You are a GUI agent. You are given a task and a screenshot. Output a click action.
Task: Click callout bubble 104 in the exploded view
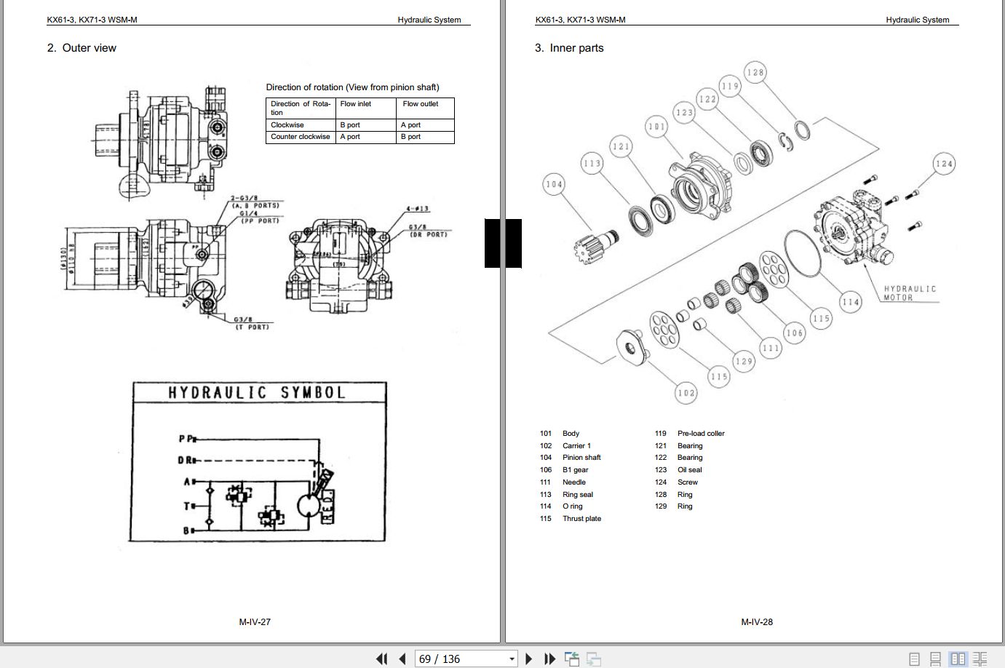pyautogui.click(x=555, y=185)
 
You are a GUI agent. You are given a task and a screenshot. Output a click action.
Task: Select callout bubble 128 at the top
pyautogui.click(x=755, y=72)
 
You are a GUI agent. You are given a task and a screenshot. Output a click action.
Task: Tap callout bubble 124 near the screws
pyautogui.click(x=944, y=164)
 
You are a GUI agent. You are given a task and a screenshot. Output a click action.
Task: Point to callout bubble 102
pyautogui.click(x=686, y=393)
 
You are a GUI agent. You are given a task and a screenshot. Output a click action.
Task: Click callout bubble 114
pyautogui.click(x=850, y=302)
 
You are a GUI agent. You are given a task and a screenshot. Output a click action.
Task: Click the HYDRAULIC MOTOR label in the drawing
pyautogui.click(x=910, y=293)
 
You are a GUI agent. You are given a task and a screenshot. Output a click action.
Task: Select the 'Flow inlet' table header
pyautogui.click(x=356, y=104)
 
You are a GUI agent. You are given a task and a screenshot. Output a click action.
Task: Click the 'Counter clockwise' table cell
pyautogui.click(x=300, y=137)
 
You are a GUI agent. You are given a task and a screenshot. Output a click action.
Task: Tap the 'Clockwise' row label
pyautogui.click(x=287, y=125)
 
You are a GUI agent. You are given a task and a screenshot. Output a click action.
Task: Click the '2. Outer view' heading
pyautogui.click(x=82, y=48)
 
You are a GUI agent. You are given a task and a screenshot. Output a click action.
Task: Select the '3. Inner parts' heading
pyautogui.click(x=569, y=48)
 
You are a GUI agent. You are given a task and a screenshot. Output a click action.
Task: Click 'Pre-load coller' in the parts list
pyautogui.click(x=701, y=434)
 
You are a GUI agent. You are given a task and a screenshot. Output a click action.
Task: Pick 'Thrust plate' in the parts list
pyautogui.click(x=581, y=519)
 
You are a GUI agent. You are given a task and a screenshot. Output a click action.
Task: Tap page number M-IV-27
pyautogui.click(x=255, y=622)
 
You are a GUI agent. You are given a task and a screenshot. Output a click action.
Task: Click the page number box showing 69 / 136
pyautogui.click(x=466, y=659)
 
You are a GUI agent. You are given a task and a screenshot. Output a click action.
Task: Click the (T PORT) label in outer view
pyautogui.click(x=253, y=327)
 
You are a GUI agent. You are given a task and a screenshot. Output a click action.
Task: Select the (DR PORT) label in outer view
pyautogui.click(x=427, y=234)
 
